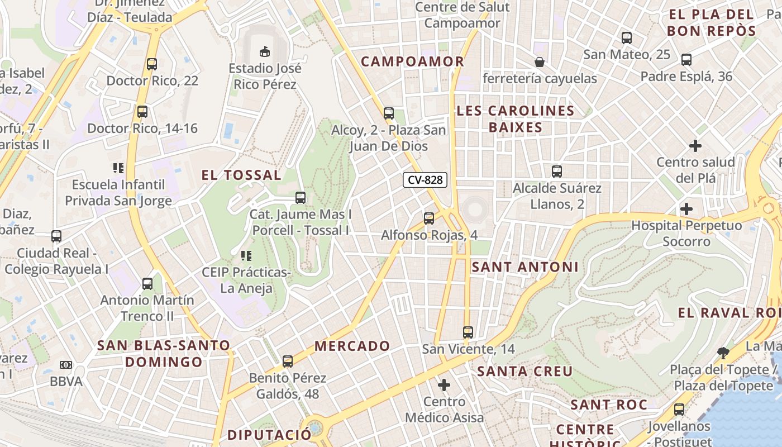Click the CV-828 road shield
click(425, 180)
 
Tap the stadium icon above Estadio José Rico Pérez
click(265, 52)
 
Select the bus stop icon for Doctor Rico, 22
click(152, 64)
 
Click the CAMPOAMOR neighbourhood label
click(413, 61)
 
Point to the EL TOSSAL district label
click(241, 175)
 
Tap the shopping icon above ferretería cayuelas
click(540, 61)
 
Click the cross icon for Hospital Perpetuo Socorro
click(686, 209)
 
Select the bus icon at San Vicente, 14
click(468, 332)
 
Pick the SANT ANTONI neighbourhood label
click(525, 267)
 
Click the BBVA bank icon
click(66, 365)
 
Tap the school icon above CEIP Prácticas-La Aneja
click(246, 256)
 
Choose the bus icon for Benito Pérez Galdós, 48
click(288, 361)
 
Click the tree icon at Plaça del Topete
click(723, 353)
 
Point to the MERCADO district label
click(352, 346)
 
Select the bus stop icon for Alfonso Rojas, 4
click(429, 218)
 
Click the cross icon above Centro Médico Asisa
click(444, 385)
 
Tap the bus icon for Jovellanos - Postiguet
click(679, 410)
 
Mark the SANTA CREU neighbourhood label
click(525, 371)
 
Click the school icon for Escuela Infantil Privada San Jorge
click(118, 168)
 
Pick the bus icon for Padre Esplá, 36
click(686, 60)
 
